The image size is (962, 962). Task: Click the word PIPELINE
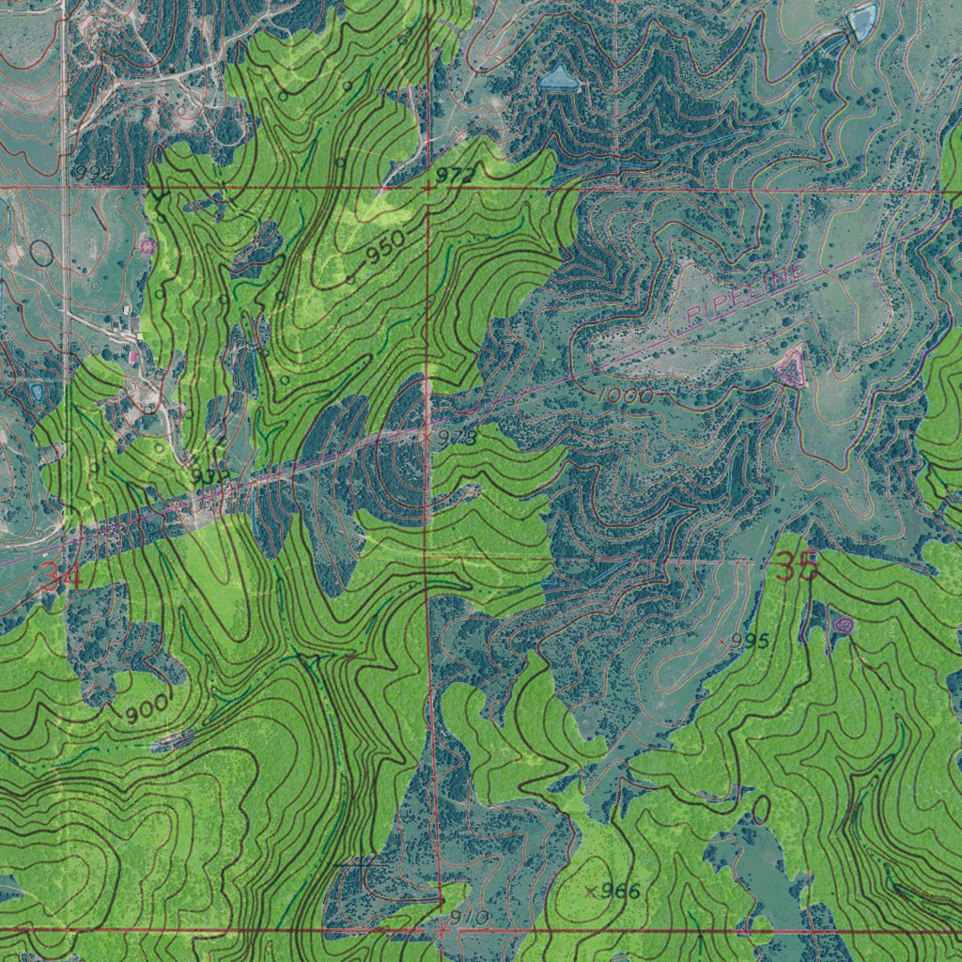tap(746, 293)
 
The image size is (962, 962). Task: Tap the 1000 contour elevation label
tap(625, 396)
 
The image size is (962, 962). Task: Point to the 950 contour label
tap(385, 246)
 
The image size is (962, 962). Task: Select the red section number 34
tap(62, 577)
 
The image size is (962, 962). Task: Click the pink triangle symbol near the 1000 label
tap(791, 368)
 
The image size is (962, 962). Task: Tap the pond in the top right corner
tap(861, 20)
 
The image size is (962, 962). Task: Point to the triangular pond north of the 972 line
tap(559, 78)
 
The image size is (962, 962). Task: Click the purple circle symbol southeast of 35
tap(844, 625)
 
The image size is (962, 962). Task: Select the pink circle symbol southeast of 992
tap(147, 245)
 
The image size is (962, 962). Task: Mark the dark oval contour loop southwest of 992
tap(40, 252)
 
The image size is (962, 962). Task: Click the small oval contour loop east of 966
tap(760, 808)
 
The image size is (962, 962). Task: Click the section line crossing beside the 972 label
tap(427, 189)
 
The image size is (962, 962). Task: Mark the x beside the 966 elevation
tap(591, 891)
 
